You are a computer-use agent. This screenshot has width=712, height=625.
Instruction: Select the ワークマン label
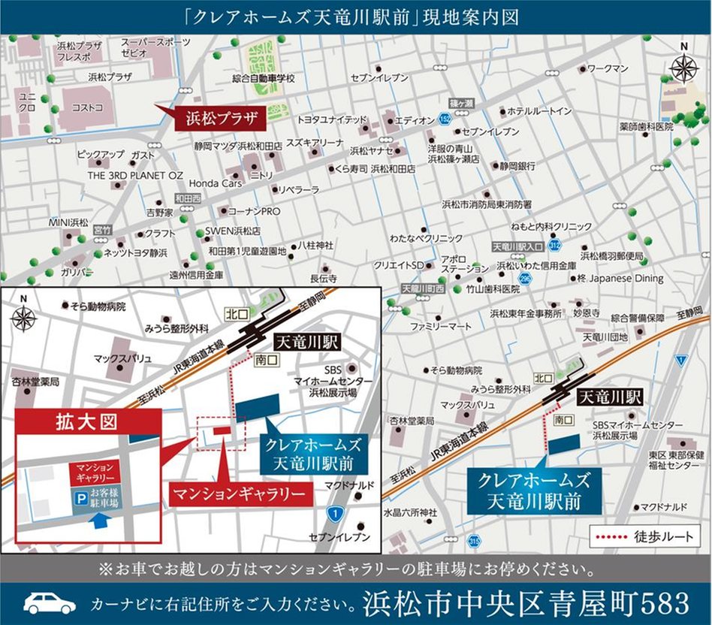[x=608, y=68]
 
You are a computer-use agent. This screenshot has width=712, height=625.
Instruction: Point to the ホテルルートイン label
[x=541, y=111]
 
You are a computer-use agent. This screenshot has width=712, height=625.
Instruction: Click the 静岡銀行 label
[x=517, y=165]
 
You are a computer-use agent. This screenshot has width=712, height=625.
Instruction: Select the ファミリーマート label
[x=441, y=327]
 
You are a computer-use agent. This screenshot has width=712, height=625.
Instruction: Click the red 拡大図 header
[x=87, y=422]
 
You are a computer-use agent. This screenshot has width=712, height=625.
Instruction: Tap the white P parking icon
[x=78, y=497]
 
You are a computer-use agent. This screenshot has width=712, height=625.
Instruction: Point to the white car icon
[x=50, y=602]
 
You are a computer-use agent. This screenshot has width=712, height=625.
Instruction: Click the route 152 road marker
[x=445, y=119]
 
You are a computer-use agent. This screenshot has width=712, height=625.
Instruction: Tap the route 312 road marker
[x=554, y=245]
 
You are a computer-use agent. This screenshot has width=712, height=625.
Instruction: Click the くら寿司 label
[x=351, y=169]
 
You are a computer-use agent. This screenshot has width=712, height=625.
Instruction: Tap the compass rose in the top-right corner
[x=683, y=68]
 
